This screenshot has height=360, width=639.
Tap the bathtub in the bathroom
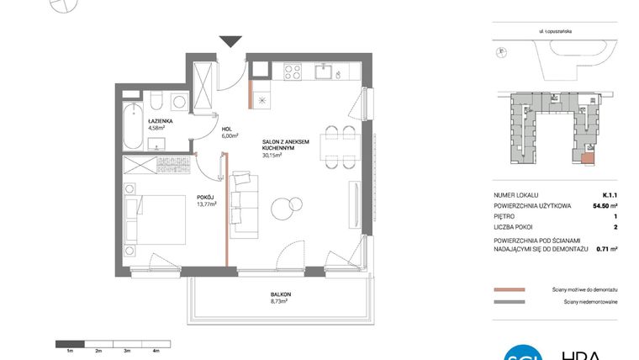134,124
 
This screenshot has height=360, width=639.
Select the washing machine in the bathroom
177,101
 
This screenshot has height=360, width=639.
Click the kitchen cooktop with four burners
294,71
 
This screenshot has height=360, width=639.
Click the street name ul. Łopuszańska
556,31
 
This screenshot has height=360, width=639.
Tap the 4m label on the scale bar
157,349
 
